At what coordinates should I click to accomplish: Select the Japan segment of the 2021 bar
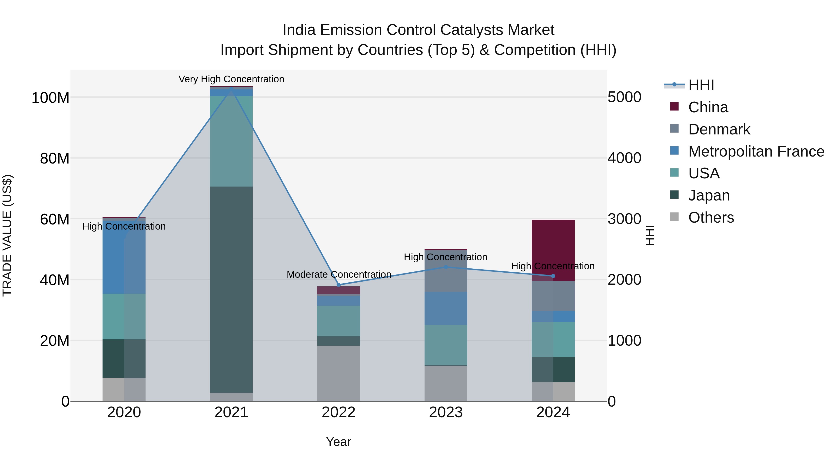231,289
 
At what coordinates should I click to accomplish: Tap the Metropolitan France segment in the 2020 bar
124,257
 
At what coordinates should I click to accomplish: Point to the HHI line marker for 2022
339,285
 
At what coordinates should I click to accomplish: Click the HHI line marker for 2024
553,276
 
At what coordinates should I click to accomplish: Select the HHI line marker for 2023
446,267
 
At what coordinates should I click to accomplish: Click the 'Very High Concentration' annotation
231,79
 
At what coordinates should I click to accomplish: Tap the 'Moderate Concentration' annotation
339,274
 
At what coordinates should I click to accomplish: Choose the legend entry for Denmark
719,129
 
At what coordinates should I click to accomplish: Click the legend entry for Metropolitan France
756,151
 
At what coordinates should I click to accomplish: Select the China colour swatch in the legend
674,107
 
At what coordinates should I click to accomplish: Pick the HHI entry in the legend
701,85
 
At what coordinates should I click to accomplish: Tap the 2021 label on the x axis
231,412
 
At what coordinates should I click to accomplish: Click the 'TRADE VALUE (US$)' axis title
7,235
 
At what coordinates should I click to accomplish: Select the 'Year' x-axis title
338,442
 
